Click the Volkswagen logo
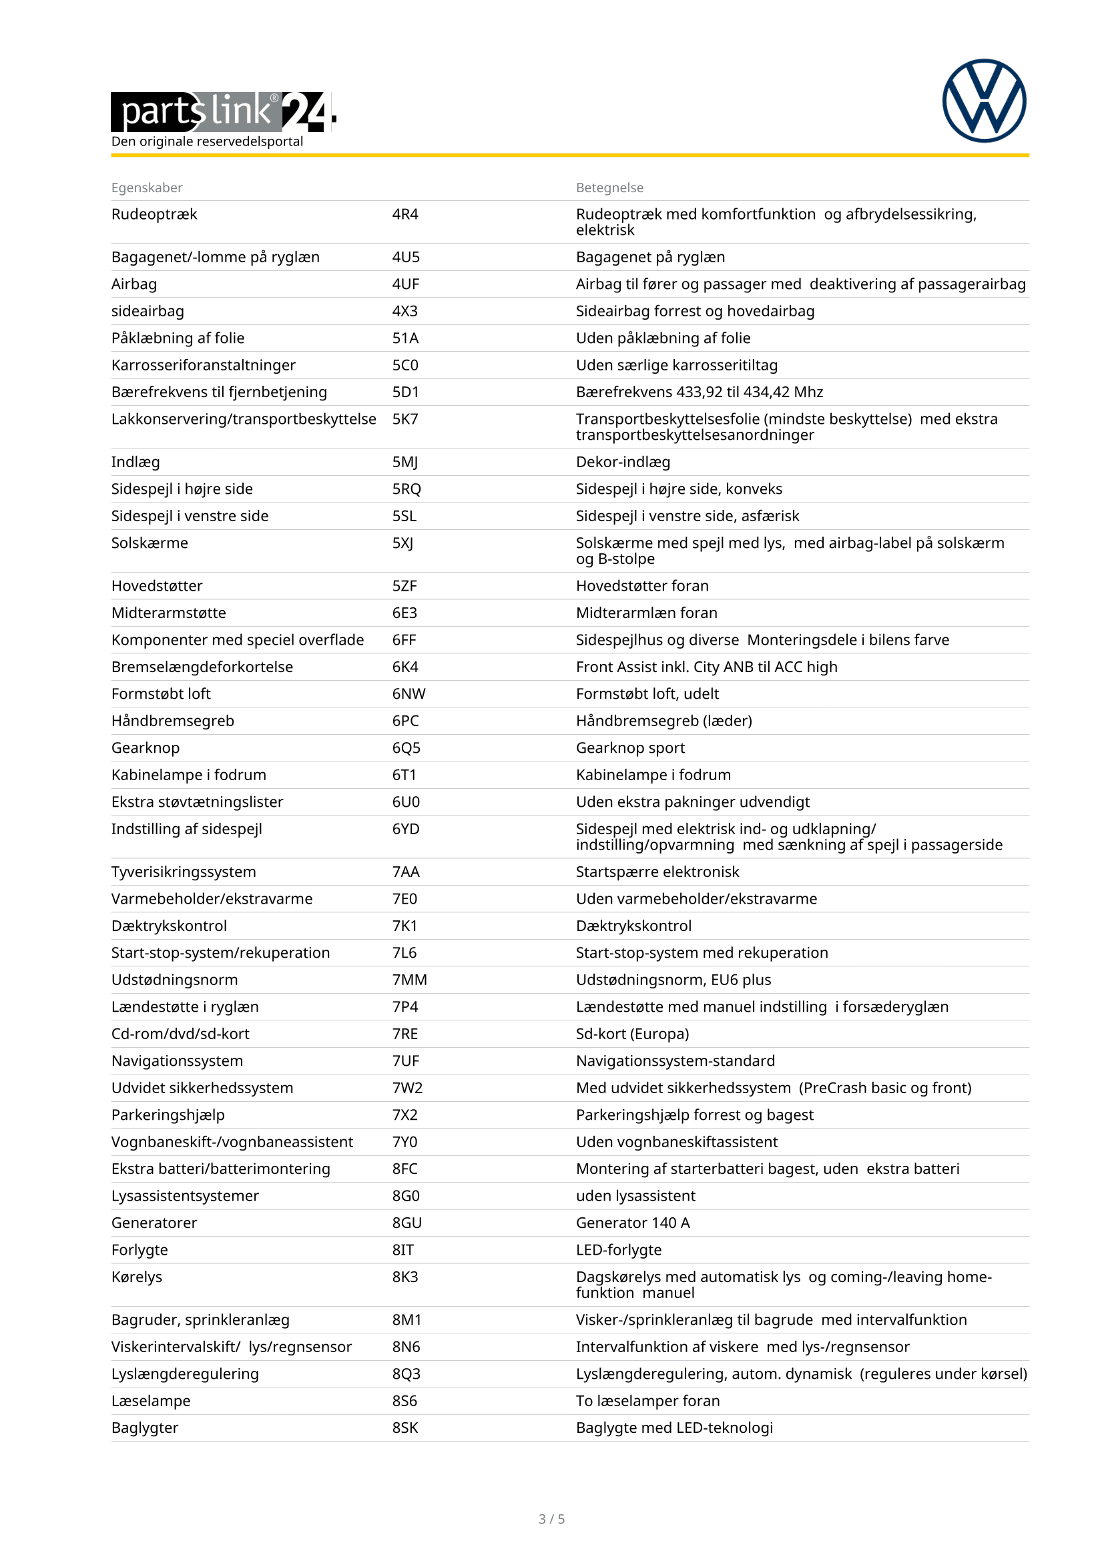(984, 101)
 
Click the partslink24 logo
(223, 111)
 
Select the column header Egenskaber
(147, 188)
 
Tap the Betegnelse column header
(609, 188)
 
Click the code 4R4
(405, 214)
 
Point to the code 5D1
(405, 392)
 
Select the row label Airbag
(134, 284)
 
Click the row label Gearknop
(146, 748)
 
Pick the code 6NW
(408, 693)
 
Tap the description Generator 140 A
(632, 1223)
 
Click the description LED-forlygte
(619, 1249)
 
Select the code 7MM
(409, 980)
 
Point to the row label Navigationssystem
(177, 1060)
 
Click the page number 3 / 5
(551, 1519)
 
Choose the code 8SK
(405, 1428)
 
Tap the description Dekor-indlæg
(623, 462)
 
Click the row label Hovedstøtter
(157, 585)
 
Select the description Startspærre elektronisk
(657, 872)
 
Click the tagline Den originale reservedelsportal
(208, 141)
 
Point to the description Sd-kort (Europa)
(632, 1033)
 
